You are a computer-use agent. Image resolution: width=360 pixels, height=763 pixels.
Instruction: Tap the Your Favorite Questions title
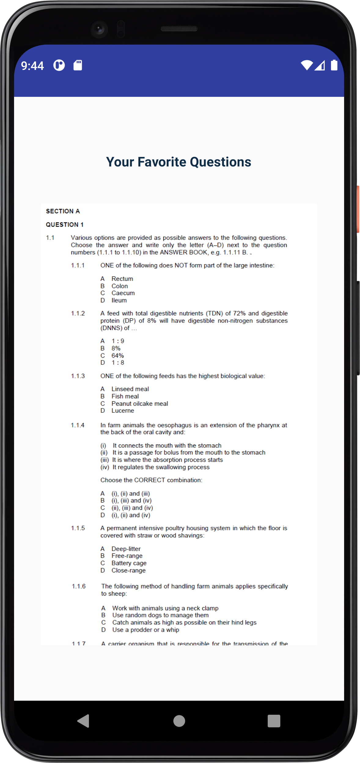178,162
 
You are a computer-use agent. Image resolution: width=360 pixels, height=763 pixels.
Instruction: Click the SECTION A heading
63,211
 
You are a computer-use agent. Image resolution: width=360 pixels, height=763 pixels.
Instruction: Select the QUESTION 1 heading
64,225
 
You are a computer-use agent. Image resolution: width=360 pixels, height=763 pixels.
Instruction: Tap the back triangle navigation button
83,721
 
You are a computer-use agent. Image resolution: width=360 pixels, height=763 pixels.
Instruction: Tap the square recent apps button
274,721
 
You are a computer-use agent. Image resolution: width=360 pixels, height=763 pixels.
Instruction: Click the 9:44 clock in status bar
32,66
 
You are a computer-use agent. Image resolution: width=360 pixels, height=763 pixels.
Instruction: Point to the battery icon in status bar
334,65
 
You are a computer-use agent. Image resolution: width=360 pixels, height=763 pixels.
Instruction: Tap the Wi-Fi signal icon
307,65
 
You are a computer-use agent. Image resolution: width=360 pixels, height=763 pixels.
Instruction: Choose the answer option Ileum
119,300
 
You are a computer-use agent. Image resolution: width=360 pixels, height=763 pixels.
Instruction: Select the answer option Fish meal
125,396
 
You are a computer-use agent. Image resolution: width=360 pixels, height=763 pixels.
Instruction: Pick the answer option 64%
117,356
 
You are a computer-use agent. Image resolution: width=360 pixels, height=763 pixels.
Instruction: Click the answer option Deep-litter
126,549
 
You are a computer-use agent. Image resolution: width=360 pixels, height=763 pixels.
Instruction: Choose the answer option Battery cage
129,563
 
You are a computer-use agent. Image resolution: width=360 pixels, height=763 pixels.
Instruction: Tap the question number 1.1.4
78,425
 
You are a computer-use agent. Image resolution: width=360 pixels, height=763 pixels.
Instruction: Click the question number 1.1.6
79,586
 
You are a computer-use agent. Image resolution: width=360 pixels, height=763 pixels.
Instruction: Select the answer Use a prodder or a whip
145,630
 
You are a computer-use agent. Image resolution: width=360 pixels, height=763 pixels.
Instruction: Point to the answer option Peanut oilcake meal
140,403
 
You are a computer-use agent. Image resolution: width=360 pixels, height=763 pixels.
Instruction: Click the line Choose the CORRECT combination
151,480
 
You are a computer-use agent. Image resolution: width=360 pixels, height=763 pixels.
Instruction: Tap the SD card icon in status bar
78,65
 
